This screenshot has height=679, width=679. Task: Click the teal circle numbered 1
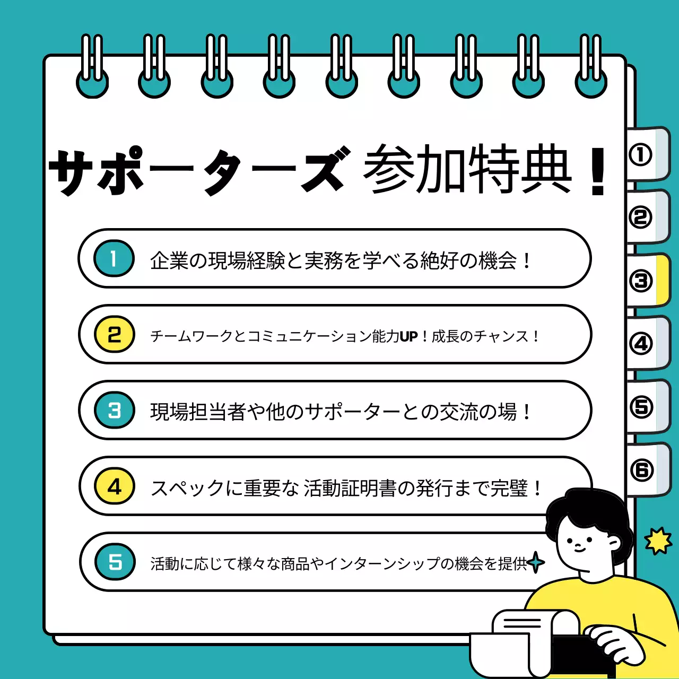[114, 259]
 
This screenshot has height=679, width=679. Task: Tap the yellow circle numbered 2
[115, 335]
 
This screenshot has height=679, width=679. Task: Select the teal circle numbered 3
[115, 411]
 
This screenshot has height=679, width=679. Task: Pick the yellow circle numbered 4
[115, 486]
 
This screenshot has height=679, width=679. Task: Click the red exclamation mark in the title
[598, 171]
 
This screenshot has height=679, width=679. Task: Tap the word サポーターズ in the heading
[199, 171]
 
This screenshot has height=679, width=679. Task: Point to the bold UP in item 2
[408, 336]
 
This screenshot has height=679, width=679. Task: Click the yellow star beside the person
[658, 541]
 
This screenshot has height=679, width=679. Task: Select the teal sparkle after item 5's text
[536, 563]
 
